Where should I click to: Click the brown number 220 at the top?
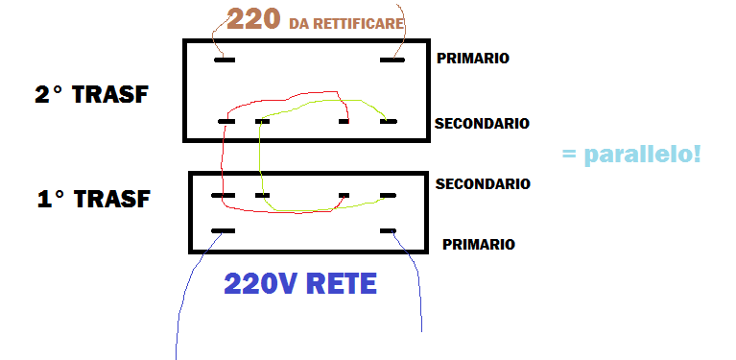(253, 20)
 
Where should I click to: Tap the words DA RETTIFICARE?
(346, 23)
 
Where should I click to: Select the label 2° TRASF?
(91, 94)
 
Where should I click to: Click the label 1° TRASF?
(93, 199)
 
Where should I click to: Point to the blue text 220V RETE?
(300, 283)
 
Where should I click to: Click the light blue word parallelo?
(643, 155)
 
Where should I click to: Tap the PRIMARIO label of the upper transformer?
(473, 59)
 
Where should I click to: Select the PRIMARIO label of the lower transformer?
(479, 245)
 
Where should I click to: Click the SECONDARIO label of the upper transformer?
(482, 124)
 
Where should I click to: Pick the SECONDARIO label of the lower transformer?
(483, 184)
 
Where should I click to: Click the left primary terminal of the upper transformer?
(225, 60)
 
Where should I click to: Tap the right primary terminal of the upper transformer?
(392, 60)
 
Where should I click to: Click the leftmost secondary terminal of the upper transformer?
(226, 122)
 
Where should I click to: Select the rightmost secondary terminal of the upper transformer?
(389, 122)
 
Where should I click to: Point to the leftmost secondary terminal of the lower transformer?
(223, 195)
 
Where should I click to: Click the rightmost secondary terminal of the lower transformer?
(389, 195)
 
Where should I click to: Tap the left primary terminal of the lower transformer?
(223, 231)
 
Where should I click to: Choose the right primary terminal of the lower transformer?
(389, 231)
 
